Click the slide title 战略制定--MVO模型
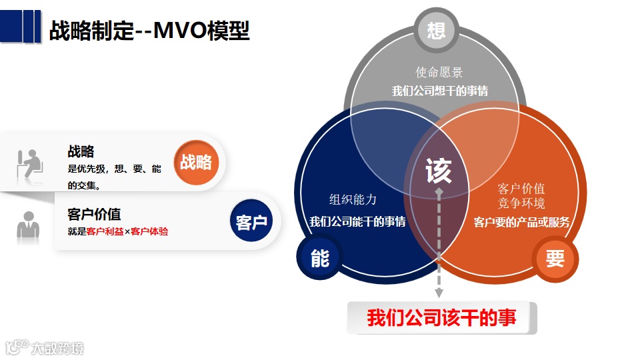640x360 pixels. [x=149, y=31]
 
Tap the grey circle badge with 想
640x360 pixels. [x=436, y=31]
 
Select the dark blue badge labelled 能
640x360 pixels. [x=320, y=258]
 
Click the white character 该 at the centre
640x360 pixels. [x=439, y=171]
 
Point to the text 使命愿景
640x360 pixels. [x=439, y=73]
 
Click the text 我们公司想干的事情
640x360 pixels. [x=439, y=91]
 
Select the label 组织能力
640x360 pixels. [x=353, y=199]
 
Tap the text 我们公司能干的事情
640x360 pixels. [x=357, y=221]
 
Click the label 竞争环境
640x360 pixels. [x=521, y=203]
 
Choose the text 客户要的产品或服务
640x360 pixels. [x=521, y=222]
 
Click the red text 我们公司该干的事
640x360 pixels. [x=441, y=317]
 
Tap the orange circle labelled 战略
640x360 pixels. [x=196, y=162]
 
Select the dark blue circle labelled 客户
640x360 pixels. [x=251, y=221]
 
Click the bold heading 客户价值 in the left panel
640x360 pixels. [x=94, y=215]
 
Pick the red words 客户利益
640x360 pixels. [x=105, y=232]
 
